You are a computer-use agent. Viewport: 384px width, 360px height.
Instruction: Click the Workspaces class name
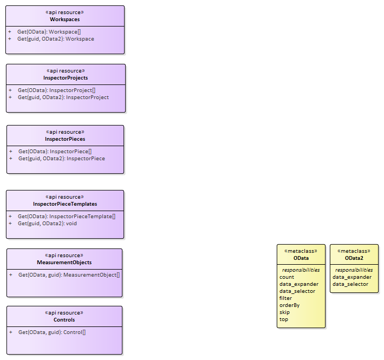pyautogui.click(x=64, y=19)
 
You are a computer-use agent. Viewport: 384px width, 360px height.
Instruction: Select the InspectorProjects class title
pyautogui.click(x=66, y=77)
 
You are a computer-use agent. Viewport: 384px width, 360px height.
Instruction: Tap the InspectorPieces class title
pyautogui.click(x=65, y=139)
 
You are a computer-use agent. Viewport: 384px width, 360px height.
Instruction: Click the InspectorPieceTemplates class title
pyautogui.click(x=65, y=204)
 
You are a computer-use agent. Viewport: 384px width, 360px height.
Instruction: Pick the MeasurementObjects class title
pyautogui.click(x=64, y=262)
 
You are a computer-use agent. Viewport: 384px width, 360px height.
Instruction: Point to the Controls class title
pyautogui.click(x=64, y=319)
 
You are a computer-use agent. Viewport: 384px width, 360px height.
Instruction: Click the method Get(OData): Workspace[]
pyautogui.click(x=49, y=32)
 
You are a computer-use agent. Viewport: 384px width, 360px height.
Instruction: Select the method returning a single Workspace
pyautogui.click(x=55, y=39)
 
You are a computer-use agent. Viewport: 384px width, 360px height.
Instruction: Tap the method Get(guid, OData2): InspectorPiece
pyautogui.click(x=61, y=159)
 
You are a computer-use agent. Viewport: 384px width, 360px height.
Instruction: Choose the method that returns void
pyautogui.click(x=47, y=223)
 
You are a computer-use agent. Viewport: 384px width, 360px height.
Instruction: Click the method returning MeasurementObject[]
pyautogui.click(x=69, y=275)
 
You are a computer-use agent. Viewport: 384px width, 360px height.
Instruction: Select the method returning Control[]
pyautogui.click(x=51, y=332)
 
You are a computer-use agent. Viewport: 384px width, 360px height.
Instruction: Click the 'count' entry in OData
pyautogui.click(x=287, y=277)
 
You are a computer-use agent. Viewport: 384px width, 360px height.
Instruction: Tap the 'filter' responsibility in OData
pyautogui.click(x=285, y=298)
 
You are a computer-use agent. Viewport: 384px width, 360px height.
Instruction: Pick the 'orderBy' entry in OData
pyautogui.click(x=289, y=305)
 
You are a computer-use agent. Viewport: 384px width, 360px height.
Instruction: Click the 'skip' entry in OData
pyautogui.click(x=284, y=312)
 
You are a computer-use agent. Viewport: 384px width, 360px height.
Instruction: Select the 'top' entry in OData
pyautogui.click(x=284, y=319)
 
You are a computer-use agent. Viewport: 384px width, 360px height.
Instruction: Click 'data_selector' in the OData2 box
pyautogui.click(x=350, y=284)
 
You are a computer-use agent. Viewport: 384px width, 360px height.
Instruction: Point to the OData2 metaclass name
pyautogui.click(x=354, y=258)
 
